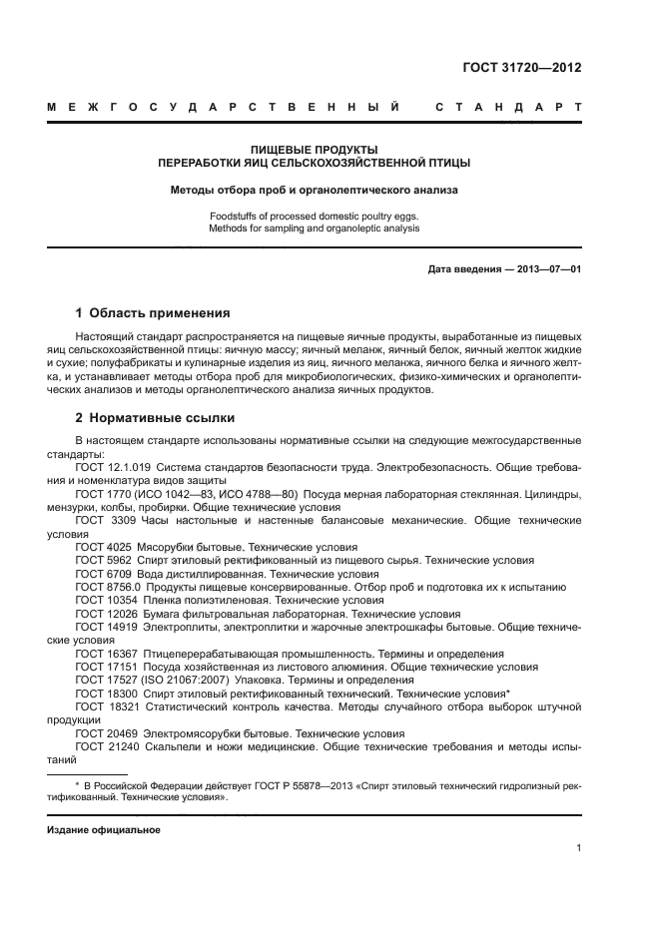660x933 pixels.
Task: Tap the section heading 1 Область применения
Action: pyautogui.click(x=153, y=312)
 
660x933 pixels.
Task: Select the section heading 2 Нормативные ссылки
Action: pyautogui.click(x=150, y=419)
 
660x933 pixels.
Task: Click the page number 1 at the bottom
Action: pyautogui.click(x=579, y=848)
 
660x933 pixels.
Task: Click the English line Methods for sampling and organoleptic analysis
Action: pyautogui.click(x=315, y=229)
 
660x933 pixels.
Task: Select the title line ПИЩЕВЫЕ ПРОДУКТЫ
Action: pyautogui.click(x=315, y=149)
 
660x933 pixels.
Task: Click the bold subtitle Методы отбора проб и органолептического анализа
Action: pyautogui.click(x=315, y=188)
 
